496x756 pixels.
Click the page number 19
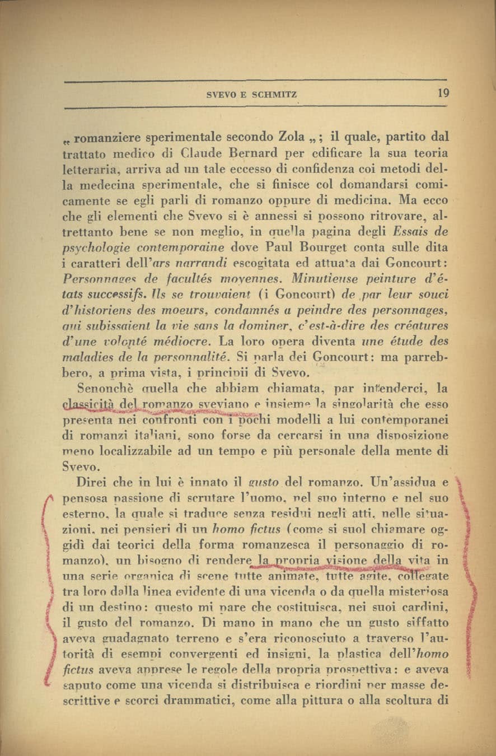coord(443,94)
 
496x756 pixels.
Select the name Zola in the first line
coord(292,137)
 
